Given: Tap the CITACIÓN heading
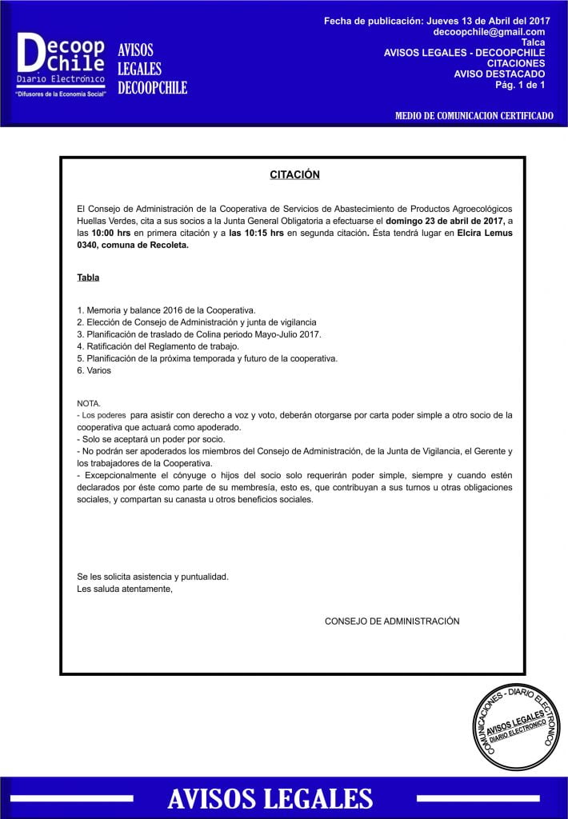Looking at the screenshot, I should point(294,174).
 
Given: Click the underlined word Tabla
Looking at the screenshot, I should point(88,278).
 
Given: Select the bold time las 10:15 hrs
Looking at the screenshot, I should point(256,233).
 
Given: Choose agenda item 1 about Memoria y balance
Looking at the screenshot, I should point(166,310).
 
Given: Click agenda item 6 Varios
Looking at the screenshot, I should point(94,370).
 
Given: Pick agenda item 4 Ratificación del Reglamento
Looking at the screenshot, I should point(158,346).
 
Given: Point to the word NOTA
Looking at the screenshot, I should point(89,404).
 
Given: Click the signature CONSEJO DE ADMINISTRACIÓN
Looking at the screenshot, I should point(392,621).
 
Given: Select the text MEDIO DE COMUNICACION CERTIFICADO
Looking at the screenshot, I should point(474,116).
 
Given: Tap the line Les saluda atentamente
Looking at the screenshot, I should point(125,589).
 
